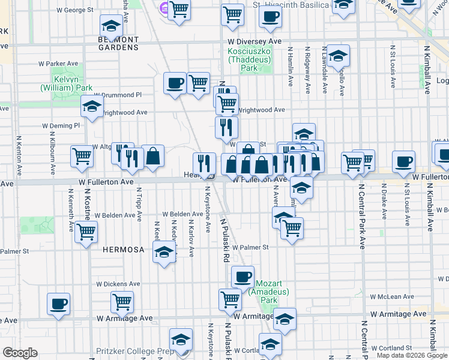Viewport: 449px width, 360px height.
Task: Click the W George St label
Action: coord(74,10)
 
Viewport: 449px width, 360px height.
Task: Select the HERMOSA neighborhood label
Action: coord(120,248)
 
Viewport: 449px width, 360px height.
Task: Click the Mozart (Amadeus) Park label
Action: coord(273,292)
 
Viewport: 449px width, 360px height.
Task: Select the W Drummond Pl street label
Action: coord(118,95)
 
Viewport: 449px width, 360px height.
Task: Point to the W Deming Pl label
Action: coord(60,126)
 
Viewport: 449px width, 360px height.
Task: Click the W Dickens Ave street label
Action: coord(118,284)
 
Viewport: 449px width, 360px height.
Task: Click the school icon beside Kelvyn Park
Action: coord(92,106)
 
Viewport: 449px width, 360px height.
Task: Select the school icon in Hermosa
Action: coord(164,252)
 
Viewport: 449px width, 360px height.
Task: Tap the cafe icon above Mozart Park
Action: coord(243,277)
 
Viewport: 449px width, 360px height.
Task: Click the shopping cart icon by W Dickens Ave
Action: coord(122,302)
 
